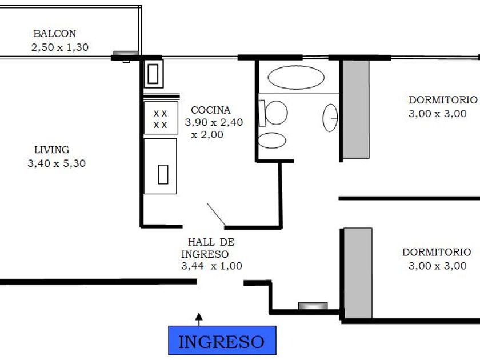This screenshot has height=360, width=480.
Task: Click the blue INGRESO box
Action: tap(222, 341)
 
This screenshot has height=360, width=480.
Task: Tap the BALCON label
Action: tap(54, 33)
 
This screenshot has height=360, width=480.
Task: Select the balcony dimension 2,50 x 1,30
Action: tap(60, 47)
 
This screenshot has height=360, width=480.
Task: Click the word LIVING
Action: tap(52, 150)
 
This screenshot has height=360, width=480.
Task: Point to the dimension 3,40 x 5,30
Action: tap(57, 163)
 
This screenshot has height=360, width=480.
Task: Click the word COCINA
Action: tap(211, 110)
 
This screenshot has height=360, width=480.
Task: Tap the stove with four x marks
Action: tap(161, 118)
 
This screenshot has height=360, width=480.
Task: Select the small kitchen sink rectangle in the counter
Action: tap(163, 174)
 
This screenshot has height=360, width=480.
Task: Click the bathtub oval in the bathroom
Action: tap(296, 78)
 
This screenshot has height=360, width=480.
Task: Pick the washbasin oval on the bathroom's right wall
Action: tap(330, 118)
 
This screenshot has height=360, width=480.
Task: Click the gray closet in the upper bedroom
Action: tap(355, 109)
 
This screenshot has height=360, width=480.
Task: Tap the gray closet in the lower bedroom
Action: tap(358, 273)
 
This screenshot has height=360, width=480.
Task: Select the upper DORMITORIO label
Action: tap(443, 100)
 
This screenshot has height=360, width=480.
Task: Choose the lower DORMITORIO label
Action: tap(437, 252)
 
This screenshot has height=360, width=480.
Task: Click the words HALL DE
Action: tap(211, 242)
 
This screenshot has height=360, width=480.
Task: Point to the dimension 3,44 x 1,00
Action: tap(211, 266)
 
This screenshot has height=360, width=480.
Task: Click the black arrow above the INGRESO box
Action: tap(199, 319)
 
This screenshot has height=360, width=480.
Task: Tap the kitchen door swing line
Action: tap(216, 214)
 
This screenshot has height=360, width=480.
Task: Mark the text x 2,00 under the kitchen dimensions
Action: tap(207, 135)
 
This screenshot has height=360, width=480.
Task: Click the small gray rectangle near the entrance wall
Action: tap(313, 306)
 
